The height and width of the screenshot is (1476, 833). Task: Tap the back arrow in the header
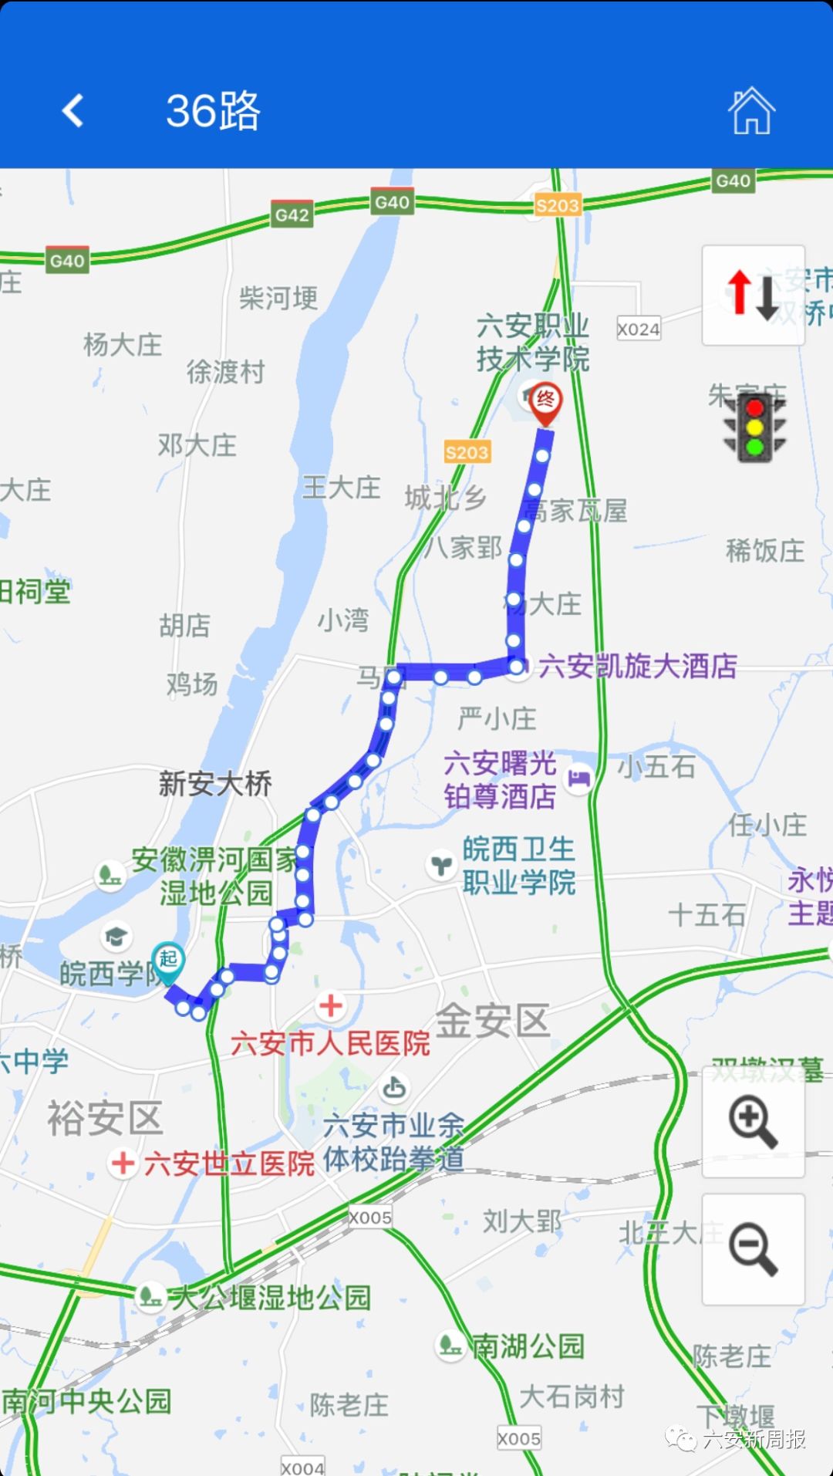73,110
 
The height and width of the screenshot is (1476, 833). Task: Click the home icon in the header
751,111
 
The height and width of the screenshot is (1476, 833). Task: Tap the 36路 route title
214,111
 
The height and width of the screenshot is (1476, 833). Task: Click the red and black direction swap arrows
753,295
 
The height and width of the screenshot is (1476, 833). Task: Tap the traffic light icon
754,427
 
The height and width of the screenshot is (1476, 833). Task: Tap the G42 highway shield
292,215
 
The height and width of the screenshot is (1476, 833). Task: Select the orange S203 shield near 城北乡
467,452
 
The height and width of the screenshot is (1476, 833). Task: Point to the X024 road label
639,329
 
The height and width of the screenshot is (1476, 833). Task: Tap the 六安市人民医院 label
330,1043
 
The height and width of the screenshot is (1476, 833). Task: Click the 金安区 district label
493,1020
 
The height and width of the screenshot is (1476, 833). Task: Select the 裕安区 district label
105,1118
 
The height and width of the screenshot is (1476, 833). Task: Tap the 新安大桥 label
215,784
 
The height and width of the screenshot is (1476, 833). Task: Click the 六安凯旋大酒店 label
637,666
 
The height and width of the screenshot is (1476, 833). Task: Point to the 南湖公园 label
528,1346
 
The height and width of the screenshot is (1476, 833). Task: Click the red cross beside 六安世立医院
123,1163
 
